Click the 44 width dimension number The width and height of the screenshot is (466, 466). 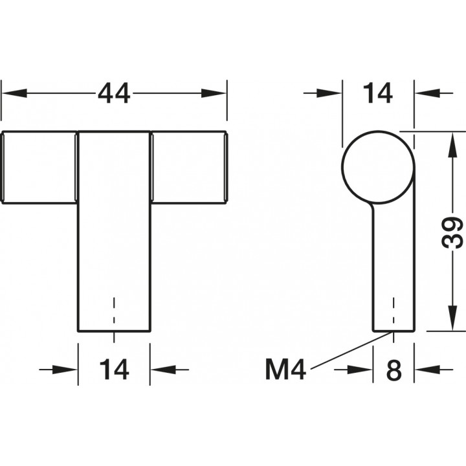(114, 93)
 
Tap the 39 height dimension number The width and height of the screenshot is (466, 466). (452, 232)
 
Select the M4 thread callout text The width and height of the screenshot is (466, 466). (285, 370)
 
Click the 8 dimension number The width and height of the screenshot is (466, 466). (394, 370)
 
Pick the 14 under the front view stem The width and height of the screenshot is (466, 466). (114, 370)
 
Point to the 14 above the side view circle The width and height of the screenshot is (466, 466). (378, 93)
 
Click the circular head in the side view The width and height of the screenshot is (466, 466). (378, 167)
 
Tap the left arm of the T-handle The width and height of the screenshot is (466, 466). (39, 168)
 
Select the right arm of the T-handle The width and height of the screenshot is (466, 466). (189, 168)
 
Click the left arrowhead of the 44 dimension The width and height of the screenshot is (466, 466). (14, 93)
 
